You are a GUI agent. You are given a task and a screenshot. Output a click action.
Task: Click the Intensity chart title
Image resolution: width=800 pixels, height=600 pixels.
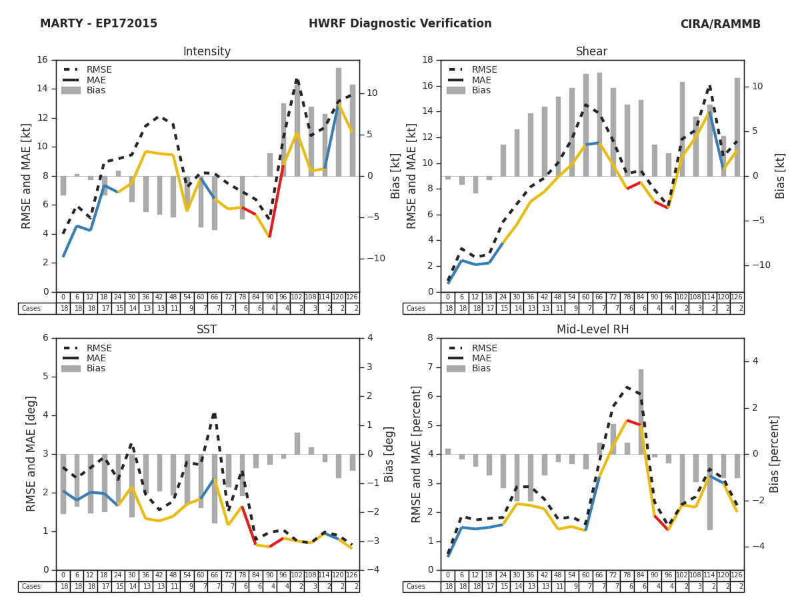[207, 52]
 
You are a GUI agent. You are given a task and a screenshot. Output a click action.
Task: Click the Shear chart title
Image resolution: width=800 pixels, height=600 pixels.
[591, 52]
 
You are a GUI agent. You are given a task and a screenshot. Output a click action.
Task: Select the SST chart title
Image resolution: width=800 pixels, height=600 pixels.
[207, 330]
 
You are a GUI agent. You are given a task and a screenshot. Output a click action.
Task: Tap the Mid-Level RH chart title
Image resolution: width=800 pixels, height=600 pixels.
[591, 330]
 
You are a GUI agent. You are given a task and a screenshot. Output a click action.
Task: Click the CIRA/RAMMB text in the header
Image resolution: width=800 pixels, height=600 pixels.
[720, 24]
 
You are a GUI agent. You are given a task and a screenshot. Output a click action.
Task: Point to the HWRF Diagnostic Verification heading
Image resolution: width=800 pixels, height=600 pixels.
[400, 24]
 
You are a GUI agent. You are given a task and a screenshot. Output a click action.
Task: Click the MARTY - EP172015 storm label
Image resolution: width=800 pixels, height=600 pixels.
[99, 24]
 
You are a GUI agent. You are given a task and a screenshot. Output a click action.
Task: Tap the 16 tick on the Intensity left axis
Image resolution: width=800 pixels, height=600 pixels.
[42, 60]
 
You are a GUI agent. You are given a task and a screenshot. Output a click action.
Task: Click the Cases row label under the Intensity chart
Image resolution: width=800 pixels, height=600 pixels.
[31, 309]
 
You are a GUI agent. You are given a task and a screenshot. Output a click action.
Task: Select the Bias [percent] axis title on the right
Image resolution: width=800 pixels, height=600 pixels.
[775, 454]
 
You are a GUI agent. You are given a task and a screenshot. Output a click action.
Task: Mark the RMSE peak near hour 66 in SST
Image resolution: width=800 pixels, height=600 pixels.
[214, 414]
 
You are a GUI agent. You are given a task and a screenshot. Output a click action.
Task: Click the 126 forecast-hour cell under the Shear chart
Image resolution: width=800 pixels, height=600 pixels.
[737, 297]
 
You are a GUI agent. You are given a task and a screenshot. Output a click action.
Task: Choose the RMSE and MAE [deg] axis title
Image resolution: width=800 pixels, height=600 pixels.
[31, 454]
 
